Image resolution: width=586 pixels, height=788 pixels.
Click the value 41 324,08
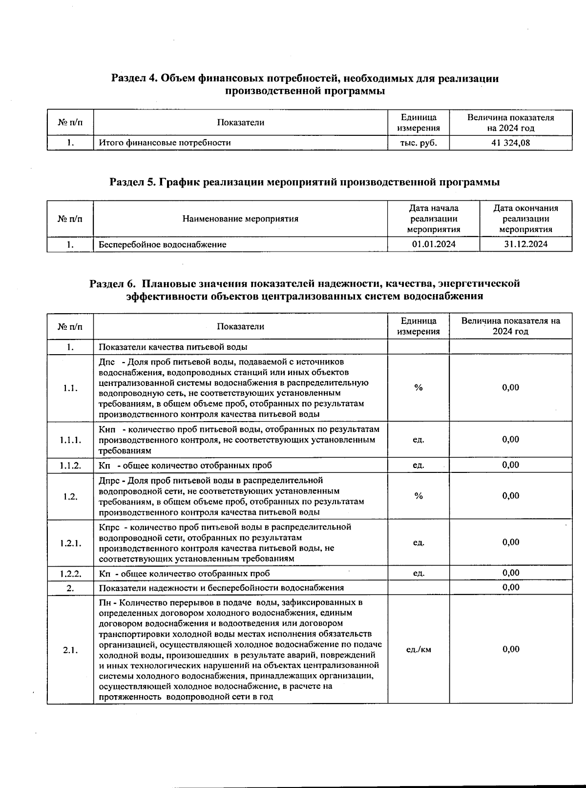click(510, 143)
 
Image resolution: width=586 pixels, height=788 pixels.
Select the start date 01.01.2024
click(434, 244)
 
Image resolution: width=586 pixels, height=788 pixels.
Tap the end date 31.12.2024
click(525, 244)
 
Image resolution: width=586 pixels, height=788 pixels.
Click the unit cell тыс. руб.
click(418, 143)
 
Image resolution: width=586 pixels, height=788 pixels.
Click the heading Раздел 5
click(304, 182)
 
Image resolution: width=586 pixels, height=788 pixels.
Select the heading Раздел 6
click(304, 289)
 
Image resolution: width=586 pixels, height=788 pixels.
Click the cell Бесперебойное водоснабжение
click(163, 244)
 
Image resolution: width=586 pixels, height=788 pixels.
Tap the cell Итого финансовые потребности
click(165, 143)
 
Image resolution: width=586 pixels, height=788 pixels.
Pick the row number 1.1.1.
click(70, 440)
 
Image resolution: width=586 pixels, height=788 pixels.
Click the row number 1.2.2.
click(70, 573)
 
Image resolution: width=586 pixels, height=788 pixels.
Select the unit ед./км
click(419, 649)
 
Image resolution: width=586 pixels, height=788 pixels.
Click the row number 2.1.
click(70, 650)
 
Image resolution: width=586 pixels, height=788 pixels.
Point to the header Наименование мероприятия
click(240, 218)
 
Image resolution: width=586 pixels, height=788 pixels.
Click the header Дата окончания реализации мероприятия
click(525, 218)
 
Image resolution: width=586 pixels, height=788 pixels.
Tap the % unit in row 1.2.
click(419, 496)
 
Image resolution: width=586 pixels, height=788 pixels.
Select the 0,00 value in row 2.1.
click(511, 649)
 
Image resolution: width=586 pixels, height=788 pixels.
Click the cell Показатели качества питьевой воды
click(173, 347)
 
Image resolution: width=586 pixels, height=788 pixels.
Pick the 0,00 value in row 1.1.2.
click(511, 465)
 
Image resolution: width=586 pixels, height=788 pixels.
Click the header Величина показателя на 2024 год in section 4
click(510, 123)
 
